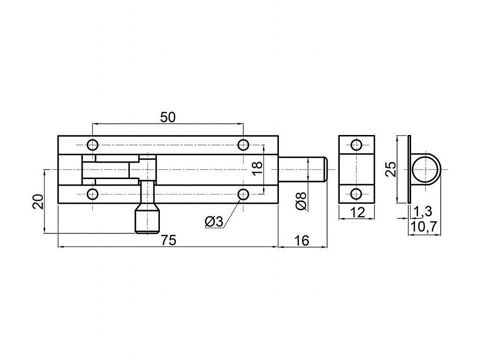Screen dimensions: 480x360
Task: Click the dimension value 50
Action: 168,117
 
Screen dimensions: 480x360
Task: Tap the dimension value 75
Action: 168,240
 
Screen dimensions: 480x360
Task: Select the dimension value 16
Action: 302,240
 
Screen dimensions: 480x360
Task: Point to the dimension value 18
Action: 258,168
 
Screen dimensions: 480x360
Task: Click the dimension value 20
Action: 39,202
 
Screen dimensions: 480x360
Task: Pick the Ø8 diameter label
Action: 301,201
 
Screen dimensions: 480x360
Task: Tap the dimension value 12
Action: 357,212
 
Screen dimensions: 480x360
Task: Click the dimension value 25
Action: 390,169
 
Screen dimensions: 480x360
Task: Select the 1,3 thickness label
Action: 422,211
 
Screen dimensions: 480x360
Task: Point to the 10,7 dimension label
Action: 424,227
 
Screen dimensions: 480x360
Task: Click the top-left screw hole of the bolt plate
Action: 92,144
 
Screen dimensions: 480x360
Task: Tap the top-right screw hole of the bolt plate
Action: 243,144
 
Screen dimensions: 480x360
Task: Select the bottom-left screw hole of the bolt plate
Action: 92,194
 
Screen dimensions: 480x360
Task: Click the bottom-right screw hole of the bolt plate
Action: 243,194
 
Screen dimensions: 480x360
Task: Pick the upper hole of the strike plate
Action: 356,145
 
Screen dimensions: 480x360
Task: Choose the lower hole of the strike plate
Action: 356,194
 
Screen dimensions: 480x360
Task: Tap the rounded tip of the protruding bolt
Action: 327,169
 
